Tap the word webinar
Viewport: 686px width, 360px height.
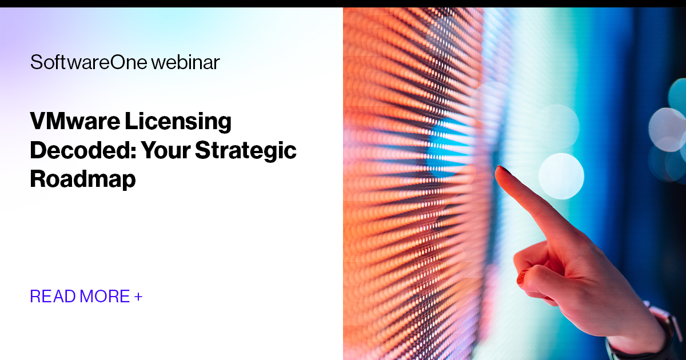(x=186, y=62)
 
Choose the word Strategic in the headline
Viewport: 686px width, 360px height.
(x=246, y=151)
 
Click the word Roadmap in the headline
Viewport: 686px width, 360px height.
(x=83, y=179)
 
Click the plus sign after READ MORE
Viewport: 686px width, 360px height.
(x=138, y=297)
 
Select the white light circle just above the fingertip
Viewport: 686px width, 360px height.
(x=561, y=175)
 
